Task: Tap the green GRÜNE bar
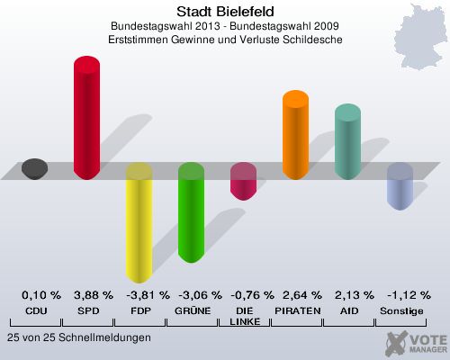click(191, 213)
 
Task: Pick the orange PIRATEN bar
click(295, 134)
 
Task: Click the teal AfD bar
click(347, 141)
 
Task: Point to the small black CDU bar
click(34, 168)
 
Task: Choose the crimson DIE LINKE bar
click(243, 181)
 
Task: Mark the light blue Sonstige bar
click(400, 186)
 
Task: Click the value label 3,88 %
click(94, 294)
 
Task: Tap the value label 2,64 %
click(301, 294)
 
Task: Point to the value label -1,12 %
click(407, 294)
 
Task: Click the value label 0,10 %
click(41, 294)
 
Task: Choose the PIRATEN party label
click(297, 310)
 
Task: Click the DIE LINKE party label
click(244, 315)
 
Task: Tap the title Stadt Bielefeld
click(226, 13)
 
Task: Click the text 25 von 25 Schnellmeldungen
click(78, 337)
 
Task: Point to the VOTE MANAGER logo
click(417, 343)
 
